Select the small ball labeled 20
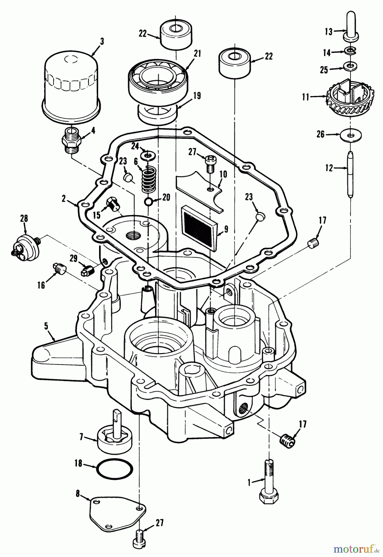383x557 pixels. coord(149,202)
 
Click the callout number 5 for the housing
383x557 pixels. coord(46,326)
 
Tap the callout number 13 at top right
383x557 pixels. coord(329,31)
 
